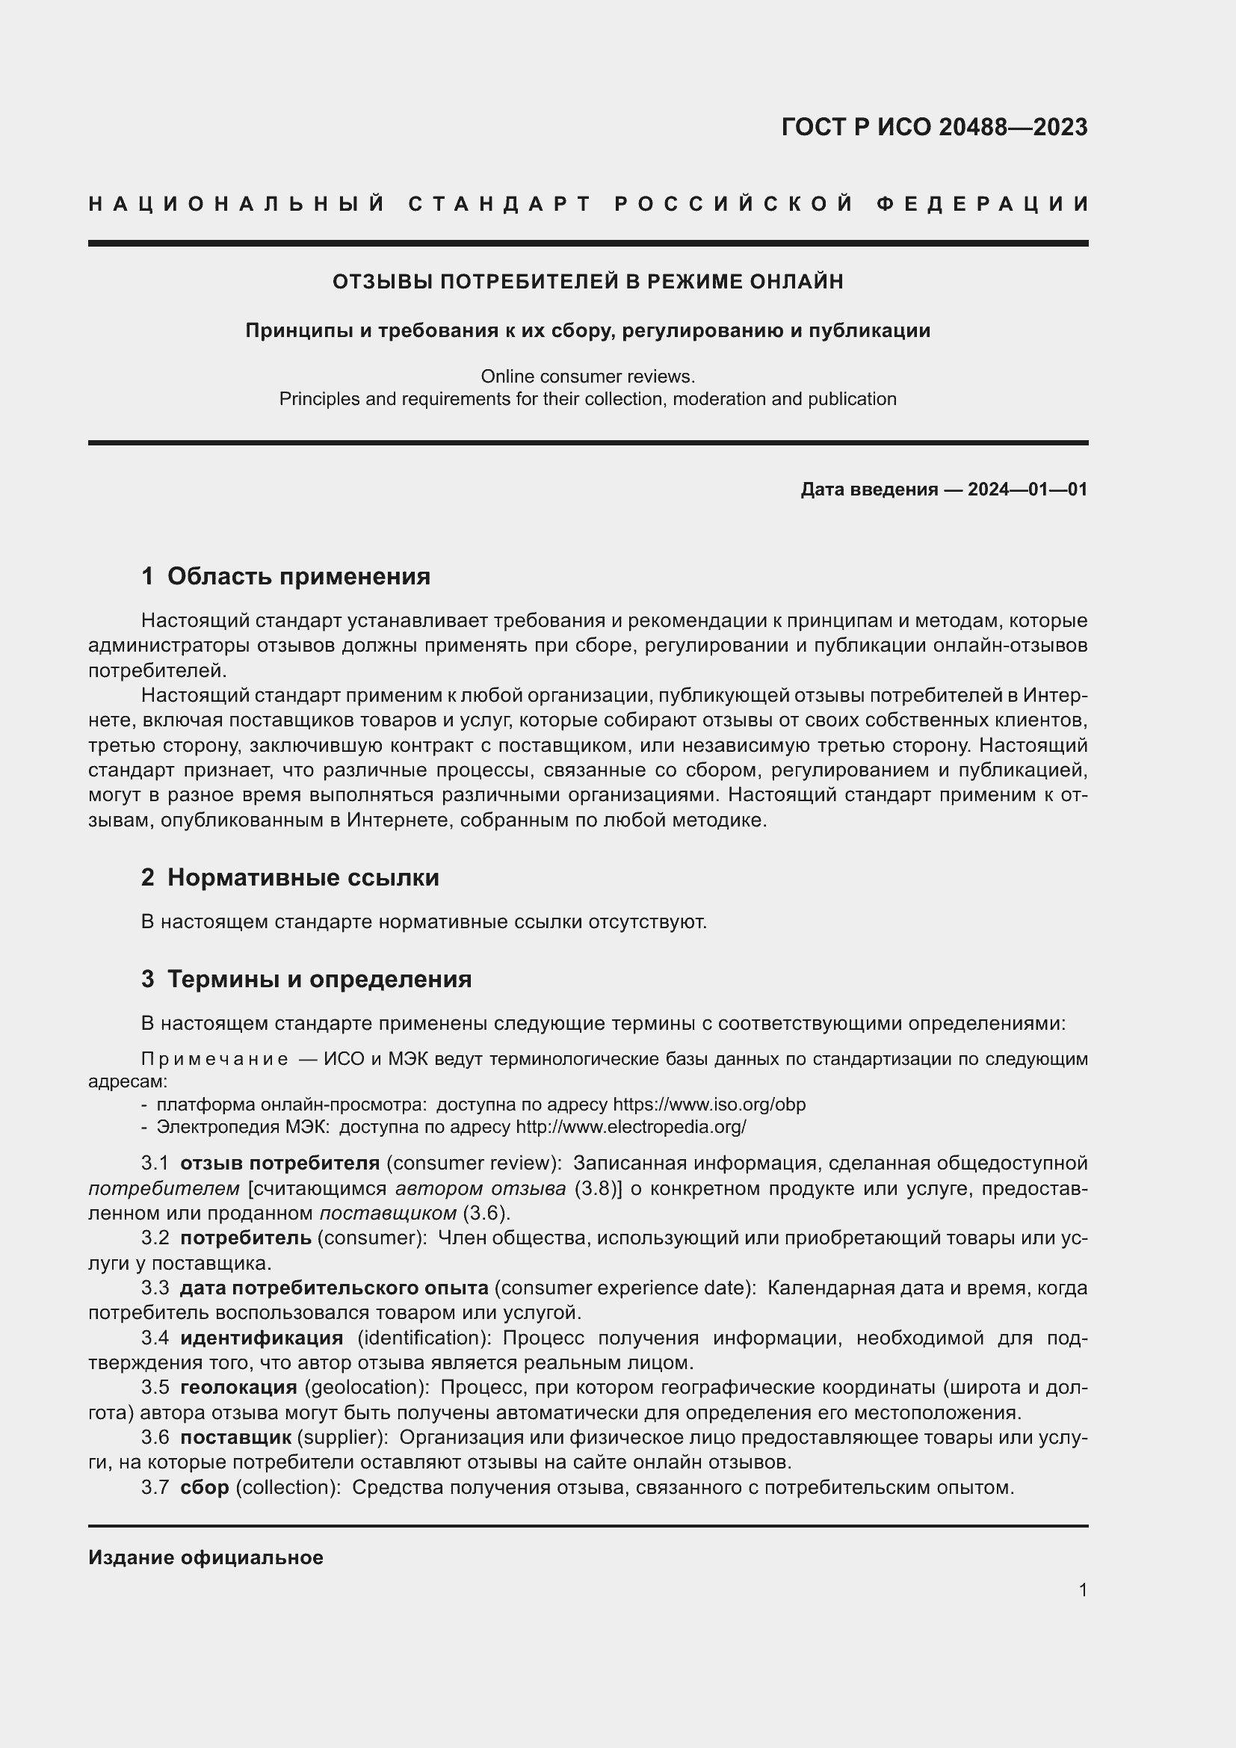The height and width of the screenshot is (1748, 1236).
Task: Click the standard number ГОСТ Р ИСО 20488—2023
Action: (934, 127)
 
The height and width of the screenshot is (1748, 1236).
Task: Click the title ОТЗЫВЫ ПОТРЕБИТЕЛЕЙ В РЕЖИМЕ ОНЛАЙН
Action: (587, 282)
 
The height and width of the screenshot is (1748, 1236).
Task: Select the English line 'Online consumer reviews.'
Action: (587, 376)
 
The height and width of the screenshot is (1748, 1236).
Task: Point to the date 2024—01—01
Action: (1028, 489)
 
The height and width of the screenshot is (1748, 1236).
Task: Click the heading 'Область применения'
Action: (298, 576)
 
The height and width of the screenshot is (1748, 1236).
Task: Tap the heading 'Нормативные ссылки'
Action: (303, 878)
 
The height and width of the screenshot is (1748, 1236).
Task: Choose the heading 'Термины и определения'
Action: (319, 979)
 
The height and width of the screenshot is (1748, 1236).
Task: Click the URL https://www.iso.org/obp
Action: (708, 1105)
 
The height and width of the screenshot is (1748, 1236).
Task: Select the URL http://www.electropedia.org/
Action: (631, 1127)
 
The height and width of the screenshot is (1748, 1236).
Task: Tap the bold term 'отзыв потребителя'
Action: (279, 1164)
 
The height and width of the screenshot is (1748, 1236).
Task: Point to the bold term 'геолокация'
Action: (238, 1387)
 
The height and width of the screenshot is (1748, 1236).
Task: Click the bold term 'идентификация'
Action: (262, 1338)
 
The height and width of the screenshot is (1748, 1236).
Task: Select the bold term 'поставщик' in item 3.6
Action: (236, 1437)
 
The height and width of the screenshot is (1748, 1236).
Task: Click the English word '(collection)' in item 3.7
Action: (288, 1487)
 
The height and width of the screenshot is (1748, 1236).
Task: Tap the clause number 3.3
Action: (155, 1288)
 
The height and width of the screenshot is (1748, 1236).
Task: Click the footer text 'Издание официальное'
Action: (206, 1557)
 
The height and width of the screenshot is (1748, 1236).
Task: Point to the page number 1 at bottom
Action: (1083, 1590)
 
